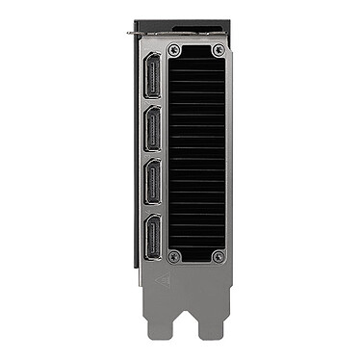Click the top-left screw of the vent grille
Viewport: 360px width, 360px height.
click(x=174, y=49)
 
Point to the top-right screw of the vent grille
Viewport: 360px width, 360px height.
click(x=219, y=49)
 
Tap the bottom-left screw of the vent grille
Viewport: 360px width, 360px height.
click(x=174, y=257)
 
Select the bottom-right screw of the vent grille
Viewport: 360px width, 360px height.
click(x=219, y=257)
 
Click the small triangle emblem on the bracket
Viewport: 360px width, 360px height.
click(x=163, y=282)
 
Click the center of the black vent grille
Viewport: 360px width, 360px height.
click(x=196, y=154)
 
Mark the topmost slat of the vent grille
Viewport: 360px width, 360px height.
click(x=196, y=64)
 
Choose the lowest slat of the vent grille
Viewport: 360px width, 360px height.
click(x=196, y=244)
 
